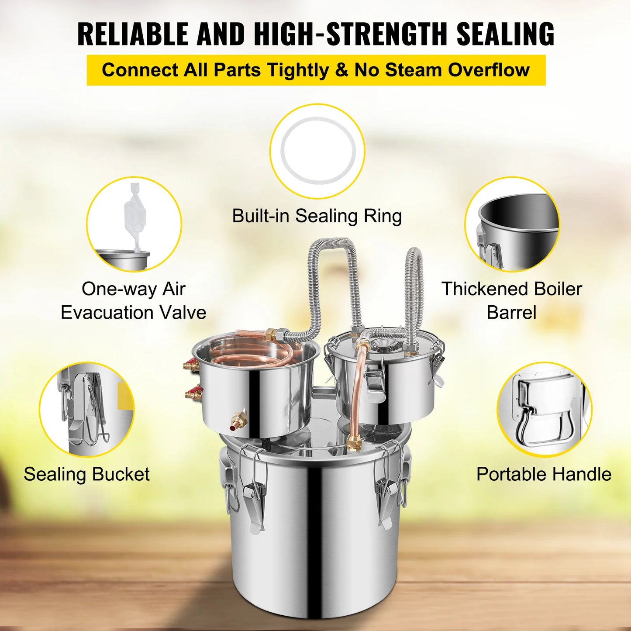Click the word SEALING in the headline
[x=505, y=34]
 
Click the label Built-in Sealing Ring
[x=317, y=216]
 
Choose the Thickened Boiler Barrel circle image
[x=512, y=224]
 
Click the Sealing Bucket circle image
[x=86, y=409]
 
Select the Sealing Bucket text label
[x=86, y=474]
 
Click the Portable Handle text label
[x=544, y=474]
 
